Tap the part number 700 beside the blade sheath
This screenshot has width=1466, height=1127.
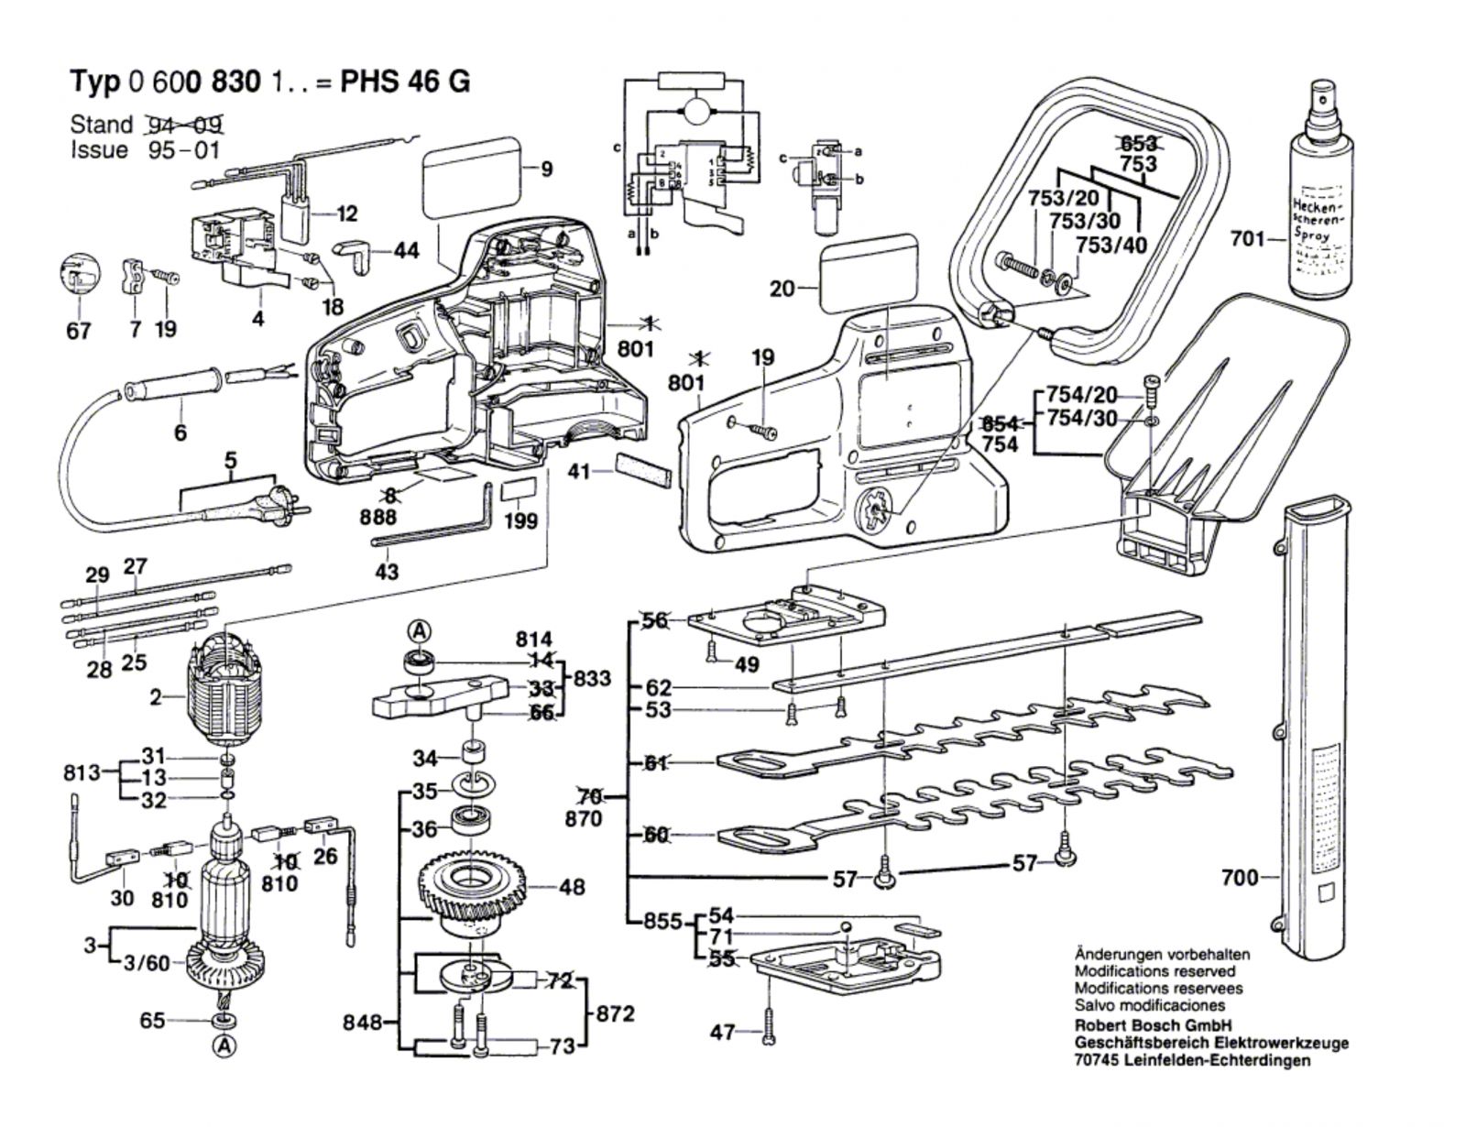[1240, 879]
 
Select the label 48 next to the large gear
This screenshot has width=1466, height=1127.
[572, 887]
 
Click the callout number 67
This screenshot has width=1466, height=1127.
[79, 330]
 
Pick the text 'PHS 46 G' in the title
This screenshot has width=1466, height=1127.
[405, 82]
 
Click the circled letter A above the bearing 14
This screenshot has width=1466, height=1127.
[419, 630]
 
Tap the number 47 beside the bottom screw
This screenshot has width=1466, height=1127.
[722, 1033]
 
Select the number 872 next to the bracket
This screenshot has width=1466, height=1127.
[615, 1014]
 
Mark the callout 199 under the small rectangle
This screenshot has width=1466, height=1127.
[520, 520]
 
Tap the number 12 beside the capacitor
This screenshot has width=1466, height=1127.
[346, 214]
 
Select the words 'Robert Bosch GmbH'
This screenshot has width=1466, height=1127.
[1152, 1025]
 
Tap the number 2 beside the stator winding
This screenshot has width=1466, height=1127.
[156, 698]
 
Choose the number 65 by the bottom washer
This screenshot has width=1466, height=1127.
[154, 1020]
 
